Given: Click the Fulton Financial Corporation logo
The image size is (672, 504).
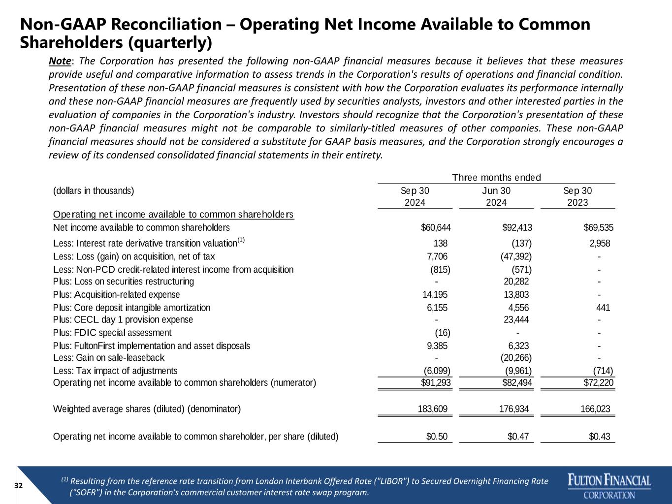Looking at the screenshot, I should click(x=609, y=486).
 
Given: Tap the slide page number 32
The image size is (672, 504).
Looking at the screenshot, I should click(x=19, y=486).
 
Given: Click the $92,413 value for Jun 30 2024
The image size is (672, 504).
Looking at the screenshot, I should click(x=517, y=227).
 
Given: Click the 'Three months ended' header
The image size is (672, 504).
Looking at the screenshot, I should click(x=496, y=177).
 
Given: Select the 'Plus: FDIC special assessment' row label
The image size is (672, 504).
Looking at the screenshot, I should click(x=112, y=333).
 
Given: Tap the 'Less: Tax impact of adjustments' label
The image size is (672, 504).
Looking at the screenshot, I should click(x=115, y=371).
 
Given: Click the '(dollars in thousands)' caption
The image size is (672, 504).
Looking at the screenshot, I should click(x=93, y=191).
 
